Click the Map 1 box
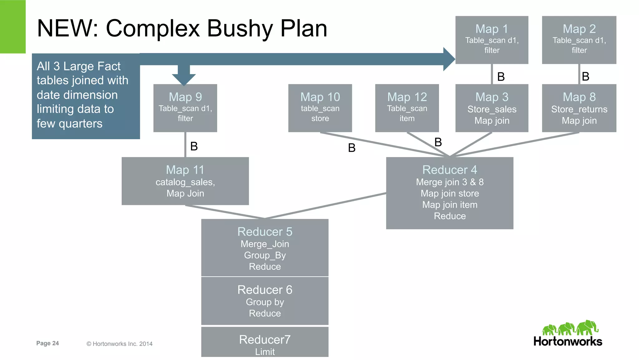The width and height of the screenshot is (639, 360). (492, 40)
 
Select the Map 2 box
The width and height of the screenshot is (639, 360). (579, 40)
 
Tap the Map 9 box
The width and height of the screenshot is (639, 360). (185, 108)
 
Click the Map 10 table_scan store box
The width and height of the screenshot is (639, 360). (320, 108)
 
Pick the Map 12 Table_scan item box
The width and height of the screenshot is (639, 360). (407, 108)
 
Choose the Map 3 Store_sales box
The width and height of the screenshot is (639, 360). (492, 108)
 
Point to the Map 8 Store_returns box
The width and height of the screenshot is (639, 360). (579, 108)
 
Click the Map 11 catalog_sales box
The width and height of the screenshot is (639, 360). (185, 181)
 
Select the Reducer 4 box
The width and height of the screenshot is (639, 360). (450, 193)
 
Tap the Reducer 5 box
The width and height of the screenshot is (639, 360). (265, 248)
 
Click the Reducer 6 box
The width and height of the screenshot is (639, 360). (265, 301)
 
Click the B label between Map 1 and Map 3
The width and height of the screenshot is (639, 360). (501, 77)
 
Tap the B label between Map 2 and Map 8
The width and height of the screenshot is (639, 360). (586, 76)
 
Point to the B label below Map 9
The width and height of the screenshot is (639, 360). (194, 146)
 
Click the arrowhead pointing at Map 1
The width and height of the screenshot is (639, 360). (449, 59)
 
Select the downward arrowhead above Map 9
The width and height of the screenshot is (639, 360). (184, 79)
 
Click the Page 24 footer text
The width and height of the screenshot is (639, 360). (47, 343)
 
